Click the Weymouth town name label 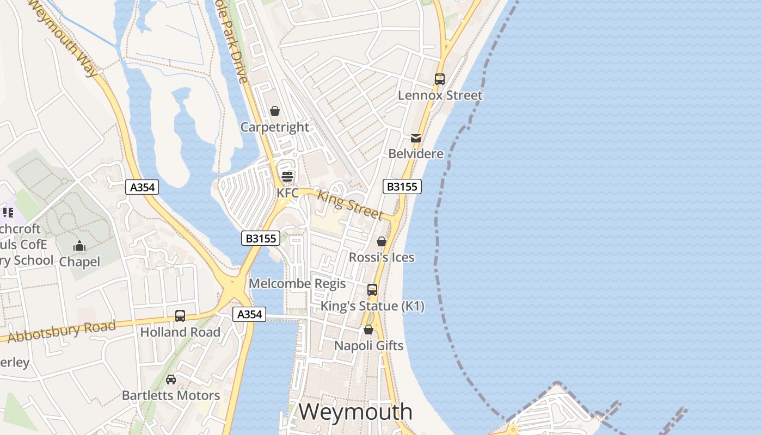pos(355,412)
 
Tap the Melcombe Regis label pos(297,283)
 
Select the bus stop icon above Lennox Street pos(440,79)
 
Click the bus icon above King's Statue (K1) pos(372,290)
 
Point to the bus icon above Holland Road pos(180,315)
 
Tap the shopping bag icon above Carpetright pos(275,111)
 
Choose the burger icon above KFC pos(287,177)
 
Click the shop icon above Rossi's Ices pos(382,241)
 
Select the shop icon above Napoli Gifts pos(368,330)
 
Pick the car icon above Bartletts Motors pos(171,379)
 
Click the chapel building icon pos(79,246)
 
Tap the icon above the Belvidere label pos(416,138)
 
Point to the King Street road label pos(350,204)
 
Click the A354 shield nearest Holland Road pos(250,314)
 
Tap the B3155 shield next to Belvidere pos(402,187)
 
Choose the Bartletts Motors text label pos(171,395)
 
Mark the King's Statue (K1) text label pos(372,306)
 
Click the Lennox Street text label pos(440,96)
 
